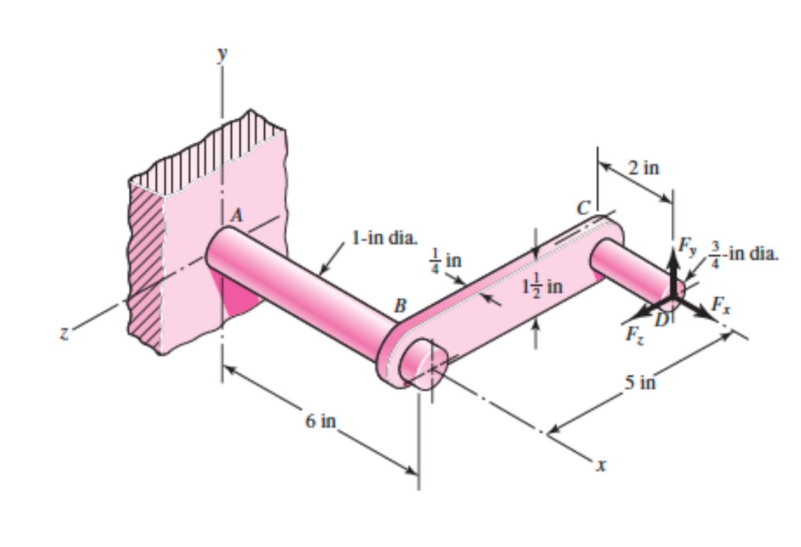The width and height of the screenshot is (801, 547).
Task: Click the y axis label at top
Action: pyautogui.click(x=222, y=54)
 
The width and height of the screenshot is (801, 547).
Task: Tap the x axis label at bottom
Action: pyautogui.click(x=599, y=466)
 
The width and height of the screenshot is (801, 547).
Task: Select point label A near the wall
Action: pyautogui.click(x=237, y=216)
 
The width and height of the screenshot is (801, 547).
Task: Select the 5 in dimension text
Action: pyautogui.click(x=640, y=383)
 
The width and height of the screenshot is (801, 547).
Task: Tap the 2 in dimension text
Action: pyautogui.click(x=642, y=168)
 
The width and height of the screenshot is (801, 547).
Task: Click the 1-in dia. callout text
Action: pyautogui.click(x=384, y=240)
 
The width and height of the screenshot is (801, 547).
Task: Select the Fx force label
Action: pyautogui.click(x=724, y=306)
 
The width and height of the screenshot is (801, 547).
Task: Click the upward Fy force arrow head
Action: pyautogui.click(x=672, y=256)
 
